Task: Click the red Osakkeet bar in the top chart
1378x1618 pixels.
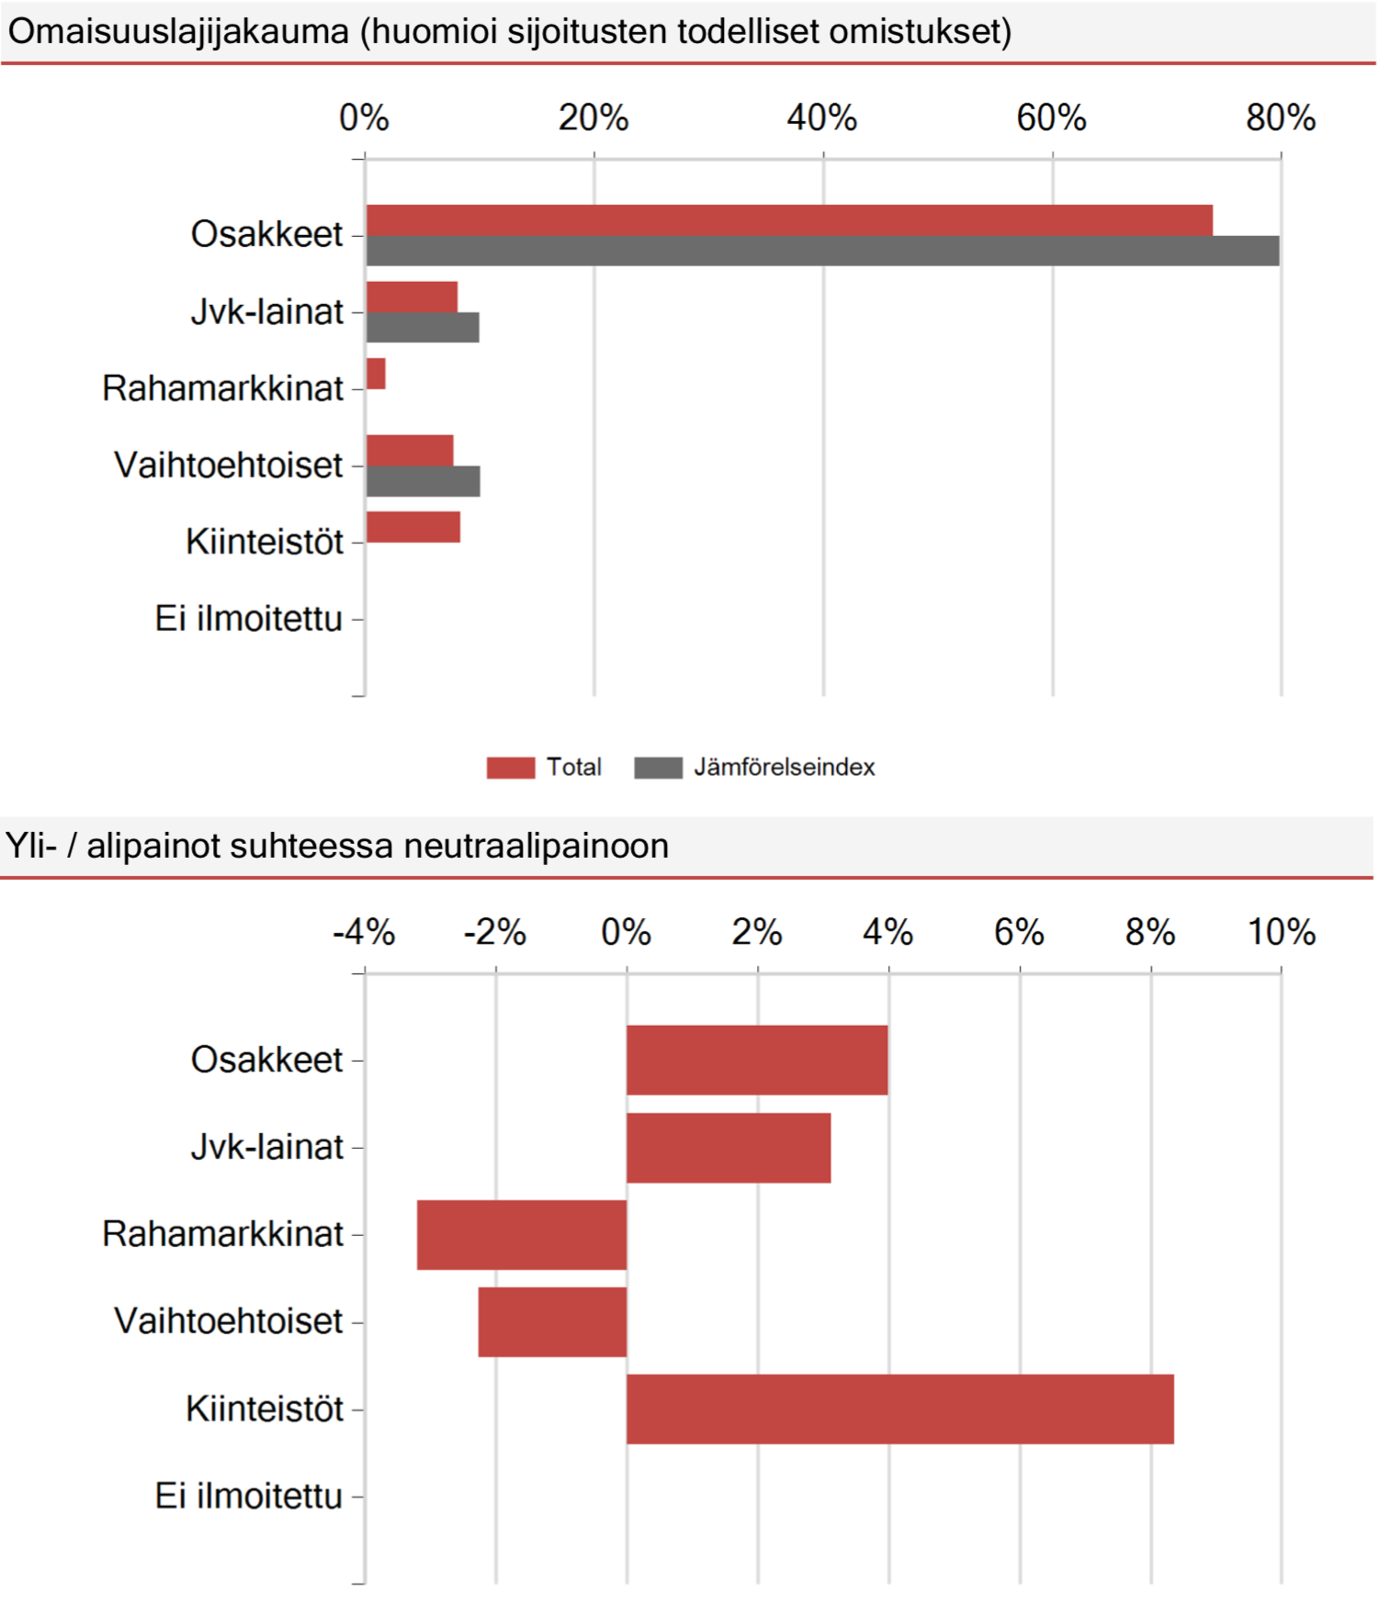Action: click(789, 220)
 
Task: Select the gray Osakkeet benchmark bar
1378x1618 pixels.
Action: click(823, 251)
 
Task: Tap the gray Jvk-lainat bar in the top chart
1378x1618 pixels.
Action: click(423, 328)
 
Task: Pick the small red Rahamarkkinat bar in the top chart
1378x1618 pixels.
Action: click(376, 374)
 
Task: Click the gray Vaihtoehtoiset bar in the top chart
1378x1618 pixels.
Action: click(424, 481)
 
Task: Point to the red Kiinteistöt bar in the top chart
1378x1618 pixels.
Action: click(413, 527)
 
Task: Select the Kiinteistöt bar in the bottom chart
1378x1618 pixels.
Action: click(900, 1409)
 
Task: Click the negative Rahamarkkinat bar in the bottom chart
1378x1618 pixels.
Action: click(522, 1235)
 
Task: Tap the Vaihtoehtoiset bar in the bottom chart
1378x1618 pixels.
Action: click(552, 1322)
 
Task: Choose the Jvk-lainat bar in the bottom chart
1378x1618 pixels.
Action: click(729, 1148)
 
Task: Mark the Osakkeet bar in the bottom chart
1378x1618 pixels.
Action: click(757, 1061)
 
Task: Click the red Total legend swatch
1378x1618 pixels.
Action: click(511, 768)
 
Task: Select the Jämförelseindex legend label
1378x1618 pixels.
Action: click(785, 767)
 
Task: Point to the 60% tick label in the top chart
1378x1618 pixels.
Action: click(1051, 118)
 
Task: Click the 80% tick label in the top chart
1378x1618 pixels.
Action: click(1281, 118)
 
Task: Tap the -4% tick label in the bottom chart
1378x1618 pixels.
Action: click(364, 933)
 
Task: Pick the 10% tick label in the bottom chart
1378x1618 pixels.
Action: click(1282, 933)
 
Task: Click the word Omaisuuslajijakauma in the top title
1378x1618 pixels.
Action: click(179, 32)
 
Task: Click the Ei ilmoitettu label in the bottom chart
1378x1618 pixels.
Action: click(248, 1496)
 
